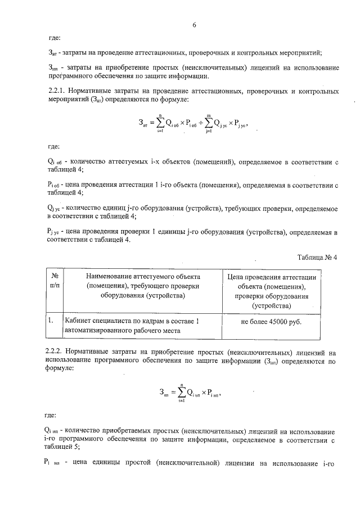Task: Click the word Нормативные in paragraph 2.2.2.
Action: coord(93,350)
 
